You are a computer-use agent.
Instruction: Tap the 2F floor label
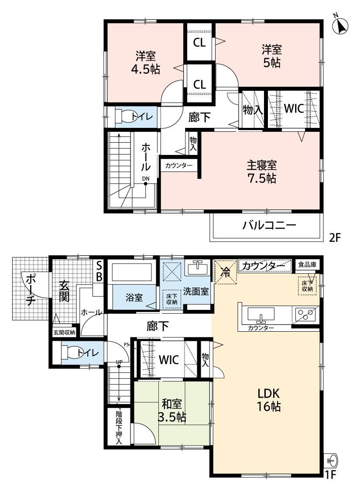(x=334, y=238)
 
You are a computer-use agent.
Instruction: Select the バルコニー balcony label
(x=269, y=225)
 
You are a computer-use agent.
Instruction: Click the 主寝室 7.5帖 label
(x=262, y=172)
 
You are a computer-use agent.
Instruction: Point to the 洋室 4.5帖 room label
(x=146, y=62)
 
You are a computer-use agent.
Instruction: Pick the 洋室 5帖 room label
(x=272, y=56)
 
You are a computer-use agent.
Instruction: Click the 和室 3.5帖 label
(x=172, y=410)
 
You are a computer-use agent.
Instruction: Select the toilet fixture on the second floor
(x=120, y=117)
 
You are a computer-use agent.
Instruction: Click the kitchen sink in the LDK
(x=261, y=314)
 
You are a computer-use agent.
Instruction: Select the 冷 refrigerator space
(x=225, y=272)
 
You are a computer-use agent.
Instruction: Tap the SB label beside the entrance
(x=99, y=271)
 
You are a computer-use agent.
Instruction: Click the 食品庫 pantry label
(x=307, y=264)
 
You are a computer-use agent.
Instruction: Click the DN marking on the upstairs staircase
(x=146, y=179)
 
